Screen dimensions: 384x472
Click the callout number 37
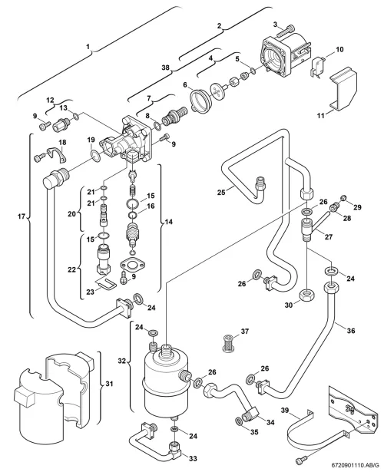click(x=245, y=331)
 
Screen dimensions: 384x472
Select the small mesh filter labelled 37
click(x=227, y=342)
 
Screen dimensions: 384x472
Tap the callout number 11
click(x=321, y=115)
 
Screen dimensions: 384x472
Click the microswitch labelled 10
click(x=316, y=67)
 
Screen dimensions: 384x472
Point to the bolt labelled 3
click(x=285, y=31)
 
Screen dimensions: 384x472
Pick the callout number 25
click(x=221, y=192)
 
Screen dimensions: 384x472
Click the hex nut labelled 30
click(x=308, y=295)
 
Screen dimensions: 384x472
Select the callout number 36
click(x=351, y=331)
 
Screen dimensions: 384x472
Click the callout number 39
click(x=285, y=410)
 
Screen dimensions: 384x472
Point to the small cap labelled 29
click(x=343, y=198)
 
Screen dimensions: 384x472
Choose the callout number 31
click(x=109, y=384)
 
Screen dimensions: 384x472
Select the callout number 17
click(x=22, y=216)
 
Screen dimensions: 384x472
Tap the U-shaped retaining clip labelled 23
click(x=105, y=283)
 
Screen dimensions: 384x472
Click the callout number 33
click(x=193, y=458)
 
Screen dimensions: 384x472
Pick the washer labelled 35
click(x=238, y=421)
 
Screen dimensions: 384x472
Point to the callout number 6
click(x=185, y=85)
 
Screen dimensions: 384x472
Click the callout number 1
click(x=88, y=47)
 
